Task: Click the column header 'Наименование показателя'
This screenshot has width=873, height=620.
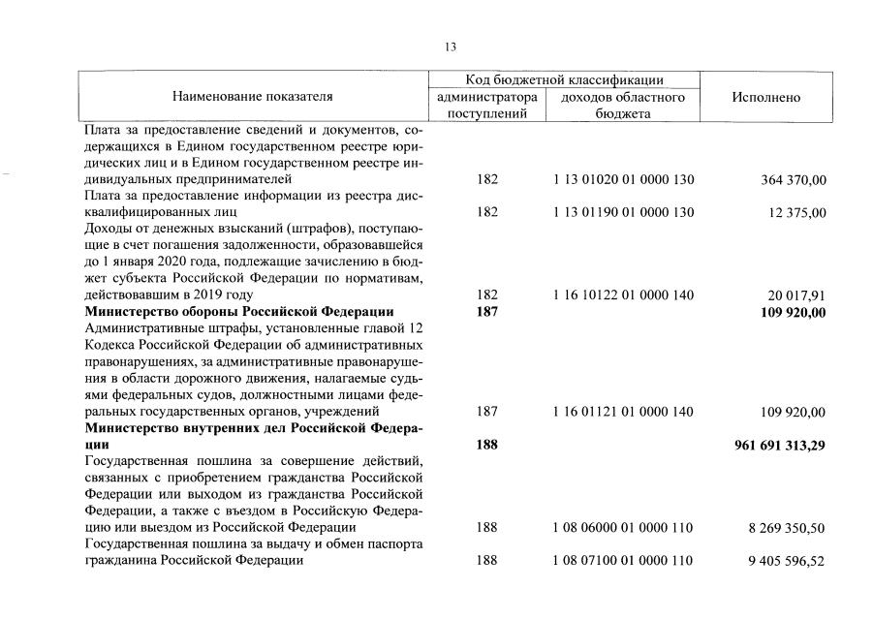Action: [252, 97]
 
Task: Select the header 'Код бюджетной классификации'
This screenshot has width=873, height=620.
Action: [563, 79]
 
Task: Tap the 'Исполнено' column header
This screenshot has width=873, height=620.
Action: [766, 97]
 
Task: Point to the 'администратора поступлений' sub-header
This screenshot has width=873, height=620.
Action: [486, 106]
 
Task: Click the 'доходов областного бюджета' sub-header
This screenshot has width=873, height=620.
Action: [623, 106]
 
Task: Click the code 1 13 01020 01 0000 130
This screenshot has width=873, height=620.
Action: [623, 180]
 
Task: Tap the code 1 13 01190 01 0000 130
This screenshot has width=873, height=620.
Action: [623, 212]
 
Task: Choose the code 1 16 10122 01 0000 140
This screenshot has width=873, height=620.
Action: [623, 294]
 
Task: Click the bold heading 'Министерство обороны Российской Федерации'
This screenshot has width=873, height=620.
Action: [239, 311]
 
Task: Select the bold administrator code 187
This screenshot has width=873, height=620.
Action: [487, 311]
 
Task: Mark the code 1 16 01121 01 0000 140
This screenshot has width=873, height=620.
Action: [623, 412]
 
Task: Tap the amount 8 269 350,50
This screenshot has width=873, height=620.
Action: [786, 528]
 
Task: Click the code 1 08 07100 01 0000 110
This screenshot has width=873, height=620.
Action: [623, 560]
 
